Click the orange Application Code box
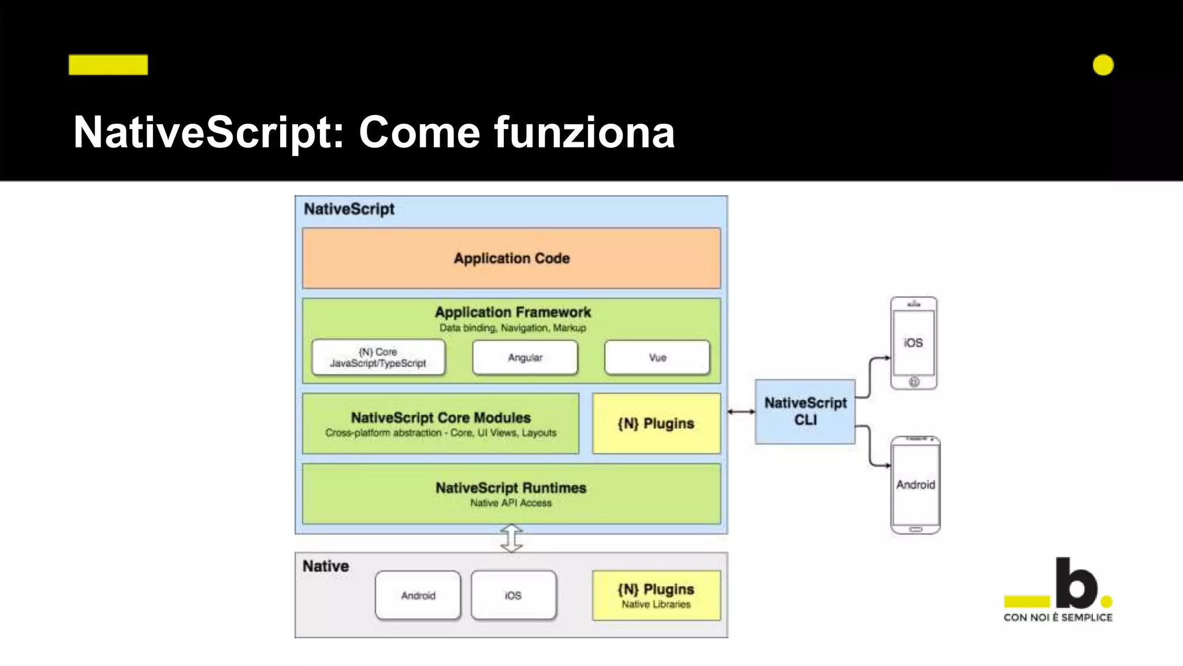[x=511, y=258]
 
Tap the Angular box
[x=525, y=358]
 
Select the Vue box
[x=657, y=358]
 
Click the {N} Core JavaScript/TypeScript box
[x=378, y=358]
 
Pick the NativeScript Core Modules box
[x=440, y=424]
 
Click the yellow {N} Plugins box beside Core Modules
[x=656, y=424]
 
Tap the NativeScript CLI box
[x=805, y=412]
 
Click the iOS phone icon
[x=913, y=343]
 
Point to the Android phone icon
[x=916, y=485]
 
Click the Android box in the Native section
[x=418, y=595]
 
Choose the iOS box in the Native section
[x=514, y=595]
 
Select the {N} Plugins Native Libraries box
[x=656, y=595]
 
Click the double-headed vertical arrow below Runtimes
[x=511, y=538]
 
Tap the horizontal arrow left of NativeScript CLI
[x=741, y=412]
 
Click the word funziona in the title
[x=584, y=132]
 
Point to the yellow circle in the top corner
[x=1103, y=65]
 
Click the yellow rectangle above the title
[x=108, y=65]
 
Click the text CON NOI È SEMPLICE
[x=1058, y=617]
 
